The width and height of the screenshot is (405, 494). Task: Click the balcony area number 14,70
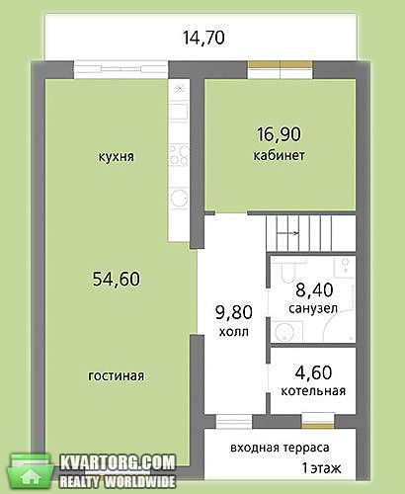click(x=203, y=38)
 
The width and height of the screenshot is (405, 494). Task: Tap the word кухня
click(x=117, y=156)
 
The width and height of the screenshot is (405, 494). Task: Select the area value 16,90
click(x=279, y=134)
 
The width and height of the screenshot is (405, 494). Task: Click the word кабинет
click(x=279, y=155)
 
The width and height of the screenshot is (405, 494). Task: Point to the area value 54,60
click(x=117, y=279)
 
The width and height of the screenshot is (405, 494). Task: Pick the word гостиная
click(x=117, y=375)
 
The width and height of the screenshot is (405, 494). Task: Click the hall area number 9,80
click(x=234, y=312)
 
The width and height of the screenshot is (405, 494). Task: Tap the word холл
click(x=234, y=332)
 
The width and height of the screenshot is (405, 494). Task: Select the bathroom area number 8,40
click(x=314, y=289)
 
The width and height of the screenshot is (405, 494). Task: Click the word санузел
click(x=313, y=308)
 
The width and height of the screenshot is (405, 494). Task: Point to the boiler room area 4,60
click(x=313, y=372)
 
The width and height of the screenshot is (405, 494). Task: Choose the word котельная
click(x=313, y=391)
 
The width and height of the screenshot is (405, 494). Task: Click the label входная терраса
click(x=280, y=448)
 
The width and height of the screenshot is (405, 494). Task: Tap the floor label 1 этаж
click(x=321, y=468)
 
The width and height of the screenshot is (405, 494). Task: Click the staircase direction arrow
click(x=288, y=233)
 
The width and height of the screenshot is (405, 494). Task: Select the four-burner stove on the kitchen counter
click(x=179, y=155)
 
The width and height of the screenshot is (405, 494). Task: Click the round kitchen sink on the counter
click(x=179, y=199)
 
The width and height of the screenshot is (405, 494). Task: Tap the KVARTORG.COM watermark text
click(x=118, y=463)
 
